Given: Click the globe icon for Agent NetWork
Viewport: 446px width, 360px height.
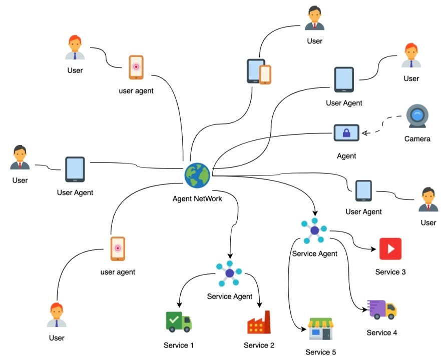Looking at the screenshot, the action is (x=197, y=175).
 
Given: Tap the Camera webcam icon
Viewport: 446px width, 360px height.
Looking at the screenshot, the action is (x=417, y=116).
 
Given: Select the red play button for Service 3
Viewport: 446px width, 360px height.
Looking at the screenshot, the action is (x=390, y=249).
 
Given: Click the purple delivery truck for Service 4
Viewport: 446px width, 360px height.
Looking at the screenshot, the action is (x=382, y=309).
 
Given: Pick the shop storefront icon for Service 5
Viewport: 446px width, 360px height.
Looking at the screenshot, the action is (x=321, y=328).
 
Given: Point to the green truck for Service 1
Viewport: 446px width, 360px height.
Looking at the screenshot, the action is (x=179, y=322).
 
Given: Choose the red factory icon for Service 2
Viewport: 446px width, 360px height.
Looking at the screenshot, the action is (x=259, y=322).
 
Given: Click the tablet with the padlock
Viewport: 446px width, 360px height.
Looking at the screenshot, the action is (x=346, y=132).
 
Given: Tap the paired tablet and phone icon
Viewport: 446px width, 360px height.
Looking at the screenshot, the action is (x=259, y=71).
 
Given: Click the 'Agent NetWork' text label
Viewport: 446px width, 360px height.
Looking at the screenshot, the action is (x=197, y=198).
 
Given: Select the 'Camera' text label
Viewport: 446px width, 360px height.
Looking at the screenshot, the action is (x=417, y=138).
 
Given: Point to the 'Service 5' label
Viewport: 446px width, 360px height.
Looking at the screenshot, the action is (x=320, y=352).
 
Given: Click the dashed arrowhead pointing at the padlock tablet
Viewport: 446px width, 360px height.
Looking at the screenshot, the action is (x=365, y=132).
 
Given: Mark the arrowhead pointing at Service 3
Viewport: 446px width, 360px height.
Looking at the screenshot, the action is (x=373, y=249).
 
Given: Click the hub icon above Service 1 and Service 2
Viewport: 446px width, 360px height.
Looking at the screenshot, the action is (x=229, y=273).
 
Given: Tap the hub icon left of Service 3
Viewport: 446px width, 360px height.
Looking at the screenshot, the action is (x=314, y=230).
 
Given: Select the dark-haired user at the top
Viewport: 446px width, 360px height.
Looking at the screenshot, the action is (x=314, y=17).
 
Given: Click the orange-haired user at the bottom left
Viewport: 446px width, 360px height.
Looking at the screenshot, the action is (x=57, y=314).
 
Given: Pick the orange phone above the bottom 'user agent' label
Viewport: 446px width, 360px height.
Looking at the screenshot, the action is (x=118, y=248).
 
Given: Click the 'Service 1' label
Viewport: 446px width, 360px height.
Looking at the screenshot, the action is (x=179, y=345).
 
